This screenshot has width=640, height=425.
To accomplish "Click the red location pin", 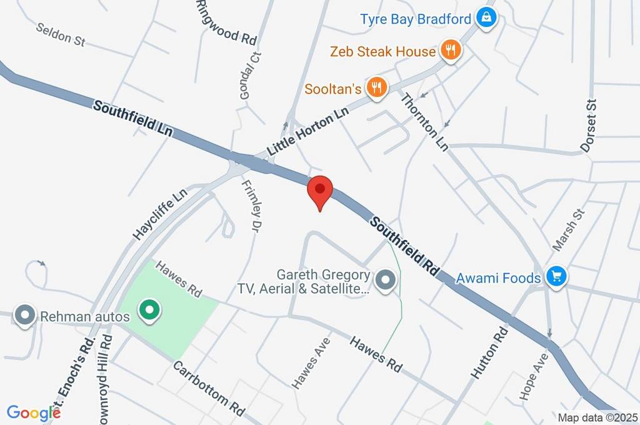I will pos(320,190).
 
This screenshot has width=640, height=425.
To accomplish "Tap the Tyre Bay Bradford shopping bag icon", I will pos(486,18).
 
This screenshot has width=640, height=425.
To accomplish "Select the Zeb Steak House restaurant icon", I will pos(450,51).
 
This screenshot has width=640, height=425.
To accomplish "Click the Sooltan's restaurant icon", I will pos(376,88).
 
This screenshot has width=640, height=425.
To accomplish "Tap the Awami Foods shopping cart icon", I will pos(556,276).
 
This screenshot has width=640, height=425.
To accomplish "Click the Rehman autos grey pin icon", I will pos(26,316).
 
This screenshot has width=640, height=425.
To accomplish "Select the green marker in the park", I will pos(149,309).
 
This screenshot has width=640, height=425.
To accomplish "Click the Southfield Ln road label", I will pos(132,119).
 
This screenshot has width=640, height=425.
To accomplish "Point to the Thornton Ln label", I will pos(424,121).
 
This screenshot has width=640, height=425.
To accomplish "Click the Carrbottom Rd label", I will pos(208,388).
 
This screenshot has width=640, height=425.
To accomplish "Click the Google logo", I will pos(33,412).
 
